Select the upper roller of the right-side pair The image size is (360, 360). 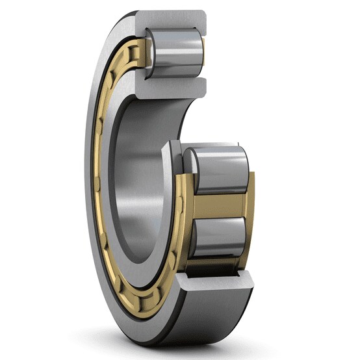click(218, 170)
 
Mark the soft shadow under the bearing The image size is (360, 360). click(195, 348)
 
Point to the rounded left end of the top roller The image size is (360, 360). click(148, 53)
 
